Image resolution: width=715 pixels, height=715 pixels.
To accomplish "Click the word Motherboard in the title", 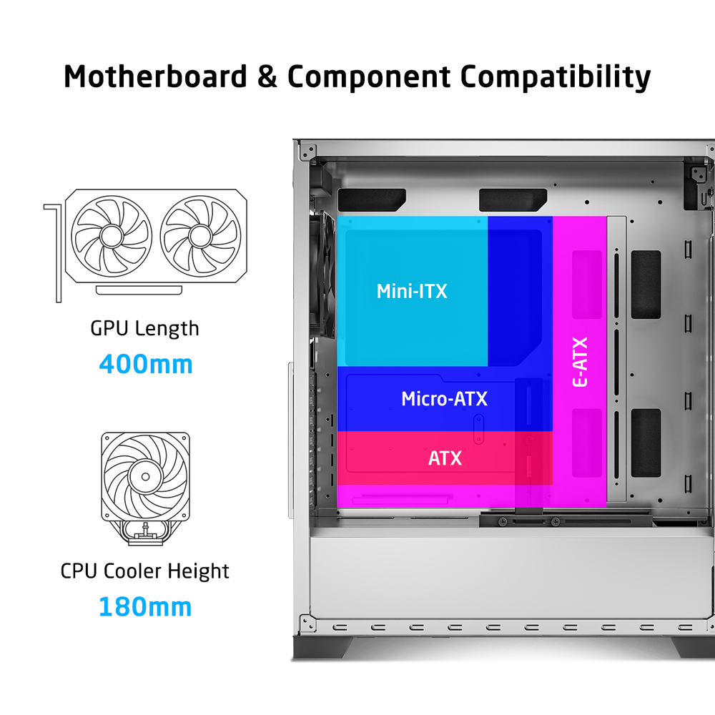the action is pos(155,77).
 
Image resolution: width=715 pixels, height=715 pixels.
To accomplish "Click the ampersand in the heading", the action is pos(267,77).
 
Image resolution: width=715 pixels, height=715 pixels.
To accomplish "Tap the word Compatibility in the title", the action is pos(556,77).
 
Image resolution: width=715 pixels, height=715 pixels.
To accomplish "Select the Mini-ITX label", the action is pos(412,292).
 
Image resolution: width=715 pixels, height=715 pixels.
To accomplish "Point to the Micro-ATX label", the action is pos(444,399).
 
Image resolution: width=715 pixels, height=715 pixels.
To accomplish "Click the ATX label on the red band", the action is pos(445,458).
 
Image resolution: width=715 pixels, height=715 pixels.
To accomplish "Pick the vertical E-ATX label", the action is pos(580,362).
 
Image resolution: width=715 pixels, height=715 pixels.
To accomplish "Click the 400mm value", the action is pos(146,365).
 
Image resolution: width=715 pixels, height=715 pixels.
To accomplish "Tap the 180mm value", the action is pos(145,607).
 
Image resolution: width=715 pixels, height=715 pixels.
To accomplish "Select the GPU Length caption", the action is pos(144,329).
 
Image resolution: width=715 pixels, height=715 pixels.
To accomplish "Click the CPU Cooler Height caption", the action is pos(144,571).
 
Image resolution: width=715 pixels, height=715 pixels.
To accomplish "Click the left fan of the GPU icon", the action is pos(112,236).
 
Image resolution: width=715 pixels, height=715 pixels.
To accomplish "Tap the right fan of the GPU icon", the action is pos(201,236).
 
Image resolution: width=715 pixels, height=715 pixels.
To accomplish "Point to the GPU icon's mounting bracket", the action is pos(54,252).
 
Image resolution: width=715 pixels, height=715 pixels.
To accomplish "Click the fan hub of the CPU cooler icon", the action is pos(145,476).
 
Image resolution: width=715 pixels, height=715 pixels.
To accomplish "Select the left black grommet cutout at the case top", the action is pos(372,199).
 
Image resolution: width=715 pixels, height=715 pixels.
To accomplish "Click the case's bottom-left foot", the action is pos(322,647).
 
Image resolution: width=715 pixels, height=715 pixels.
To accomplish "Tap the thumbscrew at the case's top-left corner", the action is pos(307,151).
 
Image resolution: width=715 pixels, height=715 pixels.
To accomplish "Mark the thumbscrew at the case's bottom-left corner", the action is pos(307,623).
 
